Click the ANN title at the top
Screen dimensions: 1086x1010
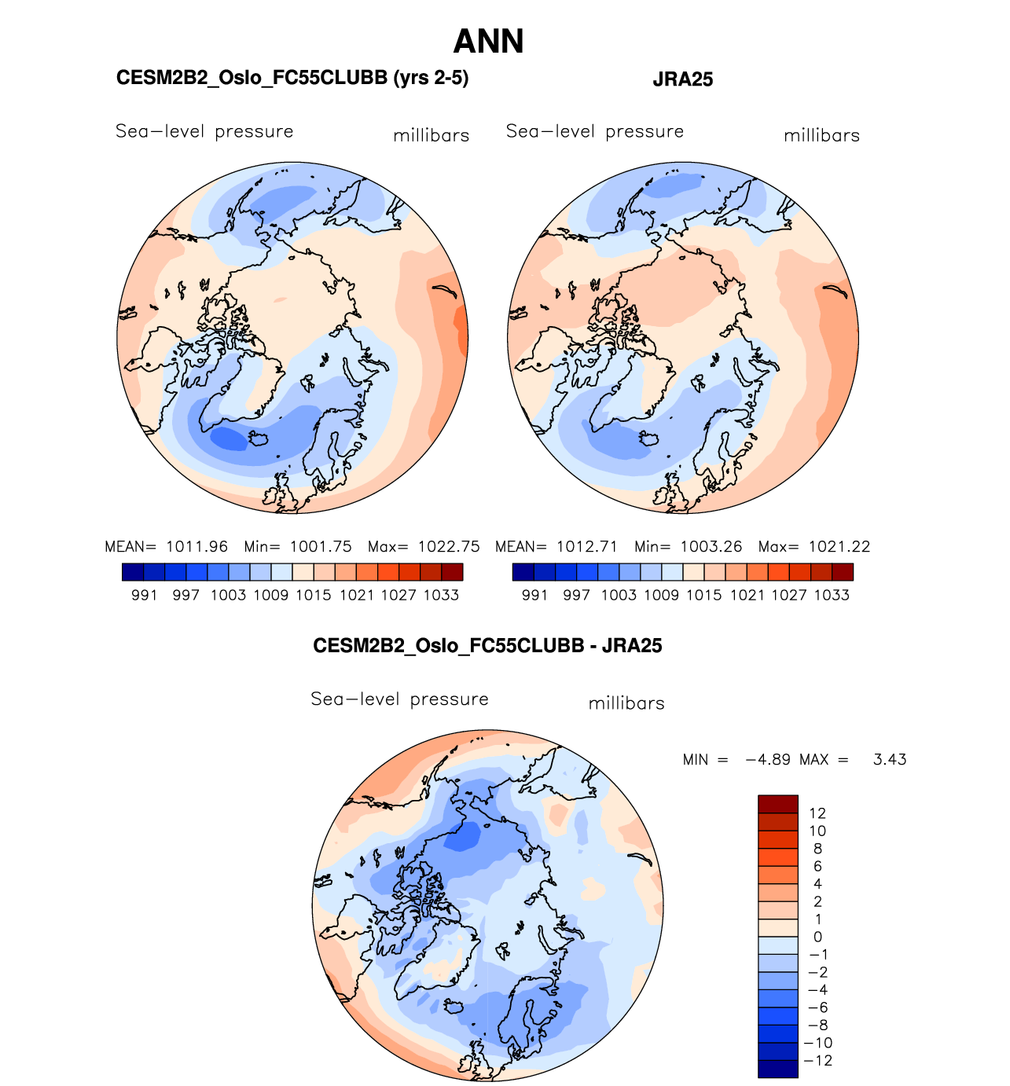point(488,42)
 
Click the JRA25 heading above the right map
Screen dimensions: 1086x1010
point(682,79)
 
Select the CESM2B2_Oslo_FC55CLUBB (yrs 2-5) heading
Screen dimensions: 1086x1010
point(292,78)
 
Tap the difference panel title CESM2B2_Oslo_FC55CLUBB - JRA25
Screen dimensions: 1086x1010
point(487,646)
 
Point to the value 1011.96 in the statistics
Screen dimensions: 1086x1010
point(196,547)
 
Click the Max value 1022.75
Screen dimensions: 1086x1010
point(448,547)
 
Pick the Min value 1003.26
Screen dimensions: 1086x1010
point(711,547)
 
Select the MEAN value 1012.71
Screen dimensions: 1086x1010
point(587,547)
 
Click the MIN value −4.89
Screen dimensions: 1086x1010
point(768,760)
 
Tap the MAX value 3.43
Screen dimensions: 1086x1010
point(890,760)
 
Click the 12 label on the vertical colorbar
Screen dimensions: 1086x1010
point(817,814)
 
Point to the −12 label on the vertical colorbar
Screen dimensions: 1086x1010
point(819,1061)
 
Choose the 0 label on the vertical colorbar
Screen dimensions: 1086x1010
point(817,937)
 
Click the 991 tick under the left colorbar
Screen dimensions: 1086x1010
point(145,596)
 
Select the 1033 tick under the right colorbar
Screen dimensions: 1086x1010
point(832,596)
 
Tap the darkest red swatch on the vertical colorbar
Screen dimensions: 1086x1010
point(778,804)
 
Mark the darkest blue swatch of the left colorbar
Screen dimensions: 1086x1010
point(133,572)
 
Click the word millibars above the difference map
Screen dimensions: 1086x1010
point(626,703)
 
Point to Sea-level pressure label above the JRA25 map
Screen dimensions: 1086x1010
point(595,131)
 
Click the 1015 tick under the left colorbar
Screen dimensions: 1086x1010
point(314,596)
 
